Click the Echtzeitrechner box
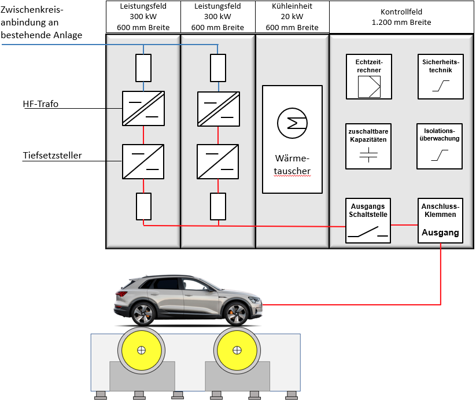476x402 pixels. click(x=369, y=77)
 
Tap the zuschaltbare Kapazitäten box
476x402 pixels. click(x=369, y=146)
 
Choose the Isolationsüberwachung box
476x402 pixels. click(x=440, y=146)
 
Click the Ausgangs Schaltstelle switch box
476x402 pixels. click(x=369, y=221)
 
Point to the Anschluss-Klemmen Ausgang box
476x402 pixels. click(x=441, y=221)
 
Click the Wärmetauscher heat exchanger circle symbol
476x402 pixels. click(x=292, y=122)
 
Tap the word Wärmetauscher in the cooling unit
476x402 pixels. click(x=292, y=164)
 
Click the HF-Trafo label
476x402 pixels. click(x=40, y=104)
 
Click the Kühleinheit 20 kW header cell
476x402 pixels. click(x=292, y=16)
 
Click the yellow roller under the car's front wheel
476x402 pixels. click(x=236, y=351)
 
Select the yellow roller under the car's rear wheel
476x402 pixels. click(x=141, y=351)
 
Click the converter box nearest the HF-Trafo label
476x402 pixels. click(x=143, y=108)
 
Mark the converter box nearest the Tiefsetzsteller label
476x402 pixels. click(x=143, y=161)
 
